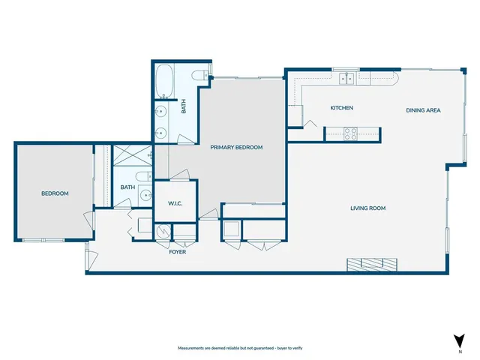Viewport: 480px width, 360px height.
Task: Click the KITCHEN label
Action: tap(342, 108)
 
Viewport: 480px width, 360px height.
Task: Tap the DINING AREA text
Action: tap(423, 110)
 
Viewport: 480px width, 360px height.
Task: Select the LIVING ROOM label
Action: tap(367, 208)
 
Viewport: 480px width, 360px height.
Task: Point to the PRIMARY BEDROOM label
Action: tap(236, 148)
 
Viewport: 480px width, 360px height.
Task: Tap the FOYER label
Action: tap(177, 252)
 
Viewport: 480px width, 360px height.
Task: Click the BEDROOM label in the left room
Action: tap(55, 193)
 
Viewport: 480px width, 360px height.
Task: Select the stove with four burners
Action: tap(349, 133)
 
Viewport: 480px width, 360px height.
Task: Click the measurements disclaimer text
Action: tap(239, 349)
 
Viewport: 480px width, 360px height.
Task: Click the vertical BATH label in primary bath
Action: tap(184, 108)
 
